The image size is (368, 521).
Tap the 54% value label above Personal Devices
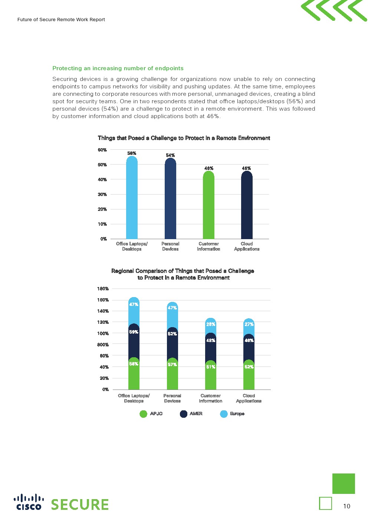point(170,155)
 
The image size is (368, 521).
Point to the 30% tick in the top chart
point(102,194)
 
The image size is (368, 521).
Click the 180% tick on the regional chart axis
point(103,289)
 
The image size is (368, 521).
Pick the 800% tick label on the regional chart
point(103,345)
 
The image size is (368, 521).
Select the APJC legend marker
point(143,414)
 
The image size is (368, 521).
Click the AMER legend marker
point(183,414)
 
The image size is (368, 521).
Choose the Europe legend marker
point(224,414)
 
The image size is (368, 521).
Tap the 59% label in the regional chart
point(134,332)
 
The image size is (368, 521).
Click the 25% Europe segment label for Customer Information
point(211,324)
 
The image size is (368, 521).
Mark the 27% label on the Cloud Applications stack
point(249,324)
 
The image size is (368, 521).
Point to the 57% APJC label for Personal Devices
point(172,365)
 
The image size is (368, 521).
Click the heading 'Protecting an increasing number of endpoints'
point(118,68)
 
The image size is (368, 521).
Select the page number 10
point(346,506)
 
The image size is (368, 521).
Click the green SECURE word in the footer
point(80,505)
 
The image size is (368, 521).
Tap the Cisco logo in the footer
point(29,502)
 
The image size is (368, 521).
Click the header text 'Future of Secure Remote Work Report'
point(61,20)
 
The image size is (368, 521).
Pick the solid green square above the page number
point(344,483)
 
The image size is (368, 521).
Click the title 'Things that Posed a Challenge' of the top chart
point(184,138)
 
